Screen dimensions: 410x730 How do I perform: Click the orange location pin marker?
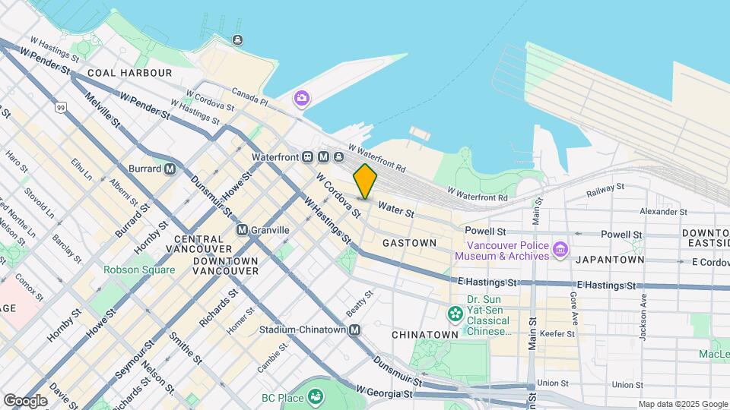point(366,181)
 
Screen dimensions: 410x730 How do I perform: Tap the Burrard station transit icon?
point(170,169)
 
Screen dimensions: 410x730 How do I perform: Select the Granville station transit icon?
point(242,230)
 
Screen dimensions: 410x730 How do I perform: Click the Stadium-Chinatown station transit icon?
point(355,330)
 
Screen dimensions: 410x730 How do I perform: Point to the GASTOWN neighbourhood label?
point(409,243)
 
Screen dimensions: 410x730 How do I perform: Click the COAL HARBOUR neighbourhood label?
point(129,73)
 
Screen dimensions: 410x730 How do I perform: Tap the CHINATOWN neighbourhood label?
point(425,334)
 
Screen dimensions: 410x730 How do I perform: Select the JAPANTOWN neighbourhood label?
point(610,259)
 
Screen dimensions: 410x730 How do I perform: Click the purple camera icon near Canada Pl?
point(302,98)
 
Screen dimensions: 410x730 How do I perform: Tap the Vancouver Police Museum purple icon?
point(560,249)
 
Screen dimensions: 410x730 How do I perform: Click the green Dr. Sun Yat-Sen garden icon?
point(455,313)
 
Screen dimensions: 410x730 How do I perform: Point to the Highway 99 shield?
point(60,108)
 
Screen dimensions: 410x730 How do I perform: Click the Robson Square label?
point(139,270)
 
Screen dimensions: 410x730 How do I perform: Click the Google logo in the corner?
point(25,400)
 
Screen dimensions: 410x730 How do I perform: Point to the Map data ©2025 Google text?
point(682,405)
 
